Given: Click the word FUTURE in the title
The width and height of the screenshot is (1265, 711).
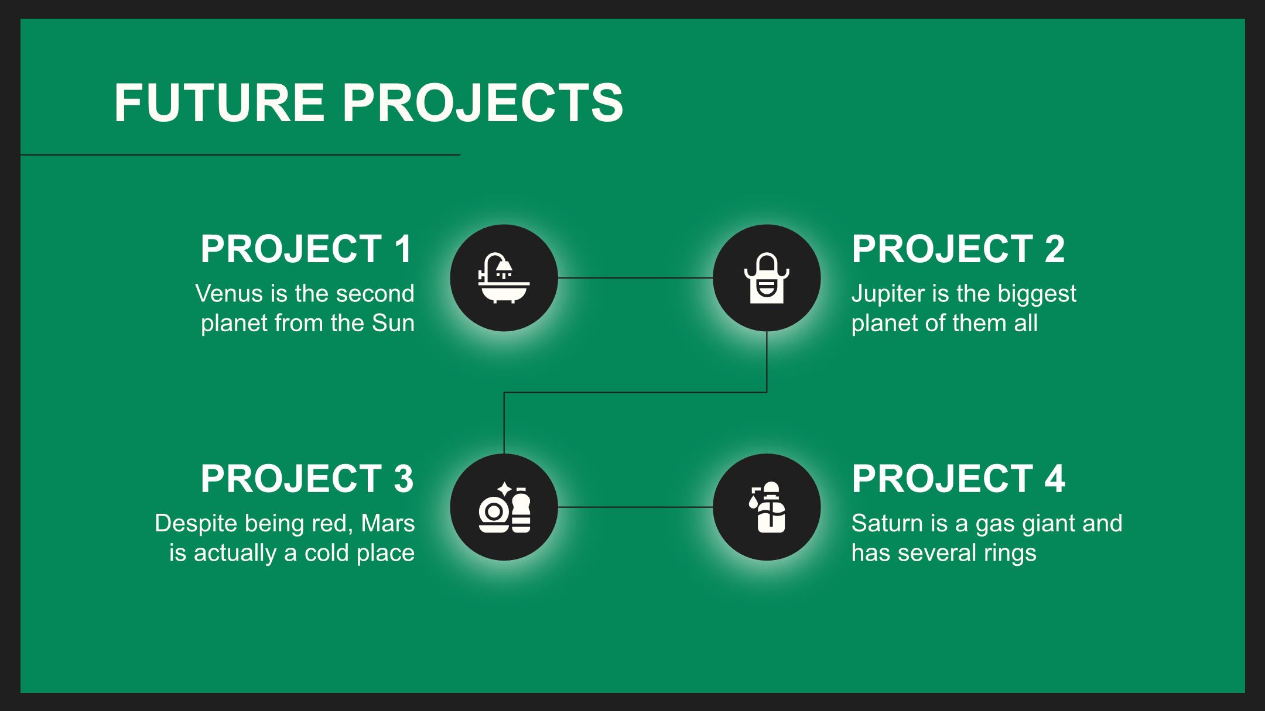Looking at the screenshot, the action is coord(219,102).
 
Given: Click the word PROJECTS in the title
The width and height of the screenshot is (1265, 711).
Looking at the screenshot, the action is coord(483,102).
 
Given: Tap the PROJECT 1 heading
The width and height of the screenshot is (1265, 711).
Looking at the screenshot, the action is coord(307,249).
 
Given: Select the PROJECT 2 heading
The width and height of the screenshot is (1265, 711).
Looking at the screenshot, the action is coord(958,249).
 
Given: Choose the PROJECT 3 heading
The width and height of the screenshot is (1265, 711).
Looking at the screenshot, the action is coord(307,478).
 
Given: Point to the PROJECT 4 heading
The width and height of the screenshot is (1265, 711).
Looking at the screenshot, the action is coord(958,478).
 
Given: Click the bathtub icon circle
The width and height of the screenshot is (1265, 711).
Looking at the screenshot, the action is coord(504,278).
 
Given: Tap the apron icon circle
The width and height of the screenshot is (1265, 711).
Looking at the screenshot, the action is coord(767,278).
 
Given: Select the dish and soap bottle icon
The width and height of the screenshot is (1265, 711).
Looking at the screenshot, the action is coord(504,507).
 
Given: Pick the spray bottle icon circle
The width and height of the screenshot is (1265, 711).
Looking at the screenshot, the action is coord(767,507).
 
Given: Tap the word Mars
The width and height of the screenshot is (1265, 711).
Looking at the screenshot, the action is coord(388,523).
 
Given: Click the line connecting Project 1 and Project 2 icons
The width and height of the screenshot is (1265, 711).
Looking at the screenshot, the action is coord(635,278).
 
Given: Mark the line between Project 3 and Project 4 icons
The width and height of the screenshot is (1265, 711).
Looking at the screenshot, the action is coord(635,507).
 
